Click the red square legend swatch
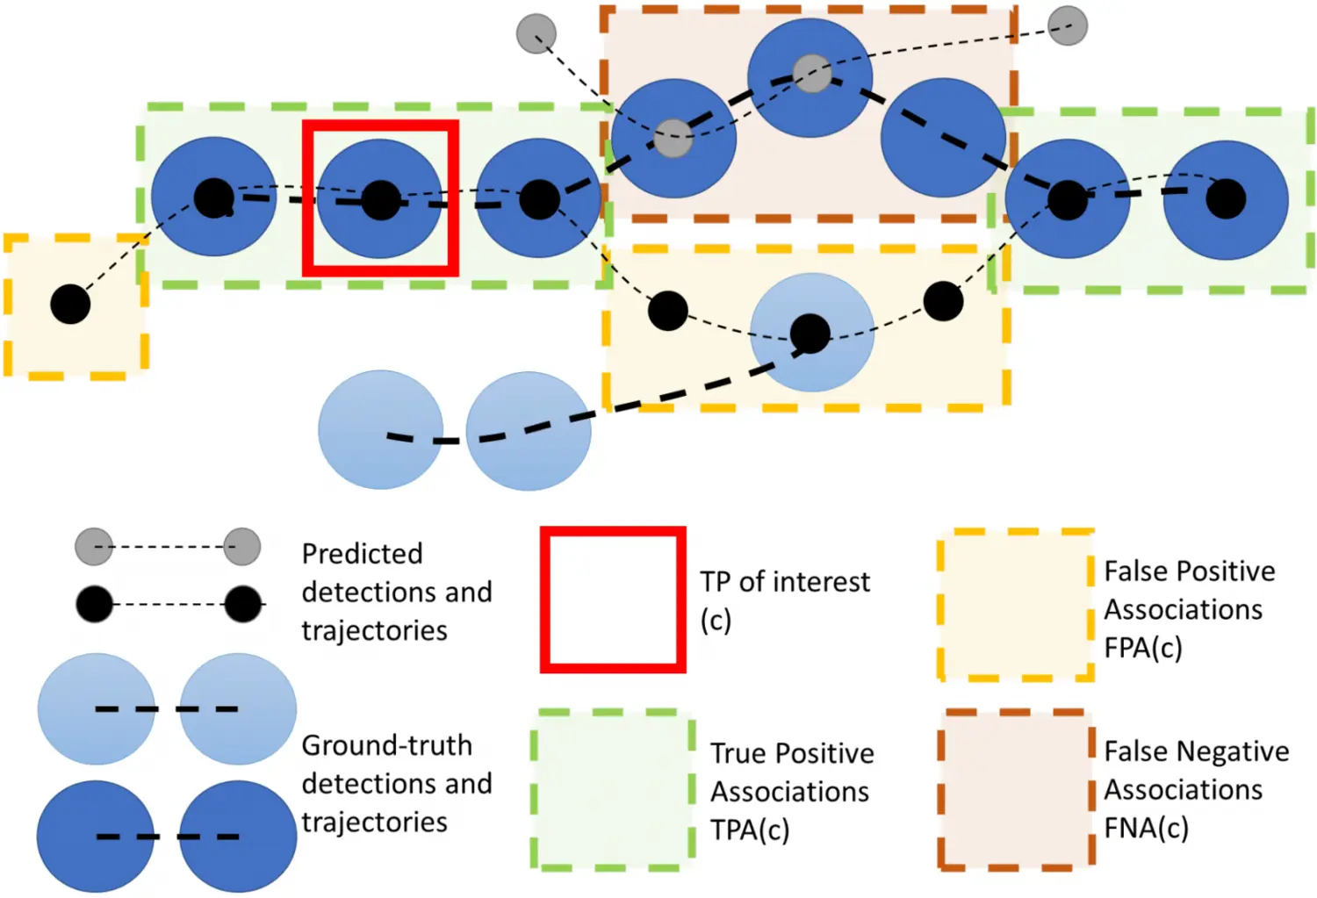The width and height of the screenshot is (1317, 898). (x=612, y=600)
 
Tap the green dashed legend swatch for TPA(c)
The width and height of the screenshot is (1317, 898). (x=612, y=789)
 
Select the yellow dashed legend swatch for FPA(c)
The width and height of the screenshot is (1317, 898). (x=1015, y=604)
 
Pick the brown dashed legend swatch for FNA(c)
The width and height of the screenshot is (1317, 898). (x=1015, y=788)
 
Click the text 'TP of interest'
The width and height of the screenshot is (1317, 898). (x=784, y=582)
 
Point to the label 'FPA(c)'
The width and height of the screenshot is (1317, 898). (x=1142, y=648)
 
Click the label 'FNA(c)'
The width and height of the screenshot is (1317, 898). (x=1146, y=828)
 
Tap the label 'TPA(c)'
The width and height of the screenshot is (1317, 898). (x=750, y=830)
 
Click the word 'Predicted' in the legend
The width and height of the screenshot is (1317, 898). (x=362, y=554)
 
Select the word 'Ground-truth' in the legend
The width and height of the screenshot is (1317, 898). (x=386, y=745)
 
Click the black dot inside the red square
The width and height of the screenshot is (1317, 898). (x=381, y=200)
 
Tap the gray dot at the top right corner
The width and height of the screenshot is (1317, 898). (x=1068, y=25)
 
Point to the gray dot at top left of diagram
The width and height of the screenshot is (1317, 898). (x=536, y=34)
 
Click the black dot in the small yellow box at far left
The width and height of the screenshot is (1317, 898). (x=70, y=305)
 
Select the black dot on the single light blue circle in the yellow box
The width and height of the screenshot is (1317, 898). (x=810, y=334)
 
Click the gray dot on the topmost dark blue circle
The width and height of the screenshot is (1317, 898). (x=812, y=74)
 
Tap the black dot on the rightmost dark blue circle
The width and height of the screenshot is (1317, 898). (x=1226, y=199)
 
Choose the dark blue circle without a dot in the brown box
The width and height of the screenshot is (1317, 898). (x=943, y=138)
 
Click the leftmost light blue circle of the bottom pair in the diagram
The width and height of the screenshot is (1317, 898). (x=380, y=429)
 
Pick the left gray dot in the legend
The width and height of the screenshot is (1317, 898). (x=94, y=547)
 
